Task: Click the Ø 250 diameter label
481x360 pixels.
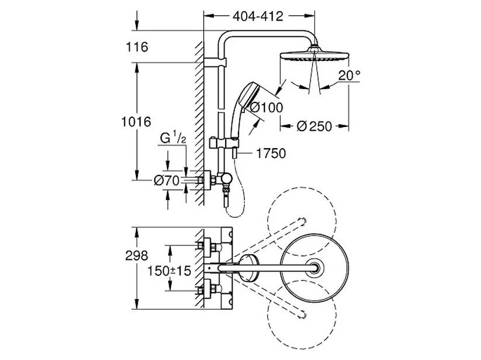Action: (316, 126)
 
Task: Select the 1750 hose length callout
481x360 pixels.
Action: (271, 154)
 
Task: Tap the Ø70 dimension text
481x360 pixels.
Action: (166, 181)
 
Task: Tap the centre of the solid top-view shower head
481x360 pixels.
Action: (317, 268)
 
